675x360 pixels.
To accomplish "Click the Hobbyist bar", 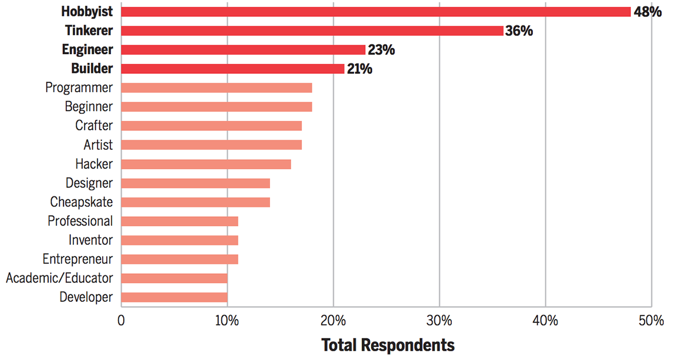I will pos(376,12).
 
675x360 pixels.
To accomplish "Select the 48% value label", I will pos(647,12).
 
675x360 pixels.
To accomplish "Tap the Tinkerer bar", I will pos(312,31).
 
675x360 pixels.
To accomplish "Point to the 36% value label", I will pos(519,31).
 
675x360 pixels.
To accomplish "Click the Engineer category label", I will pos(87,50).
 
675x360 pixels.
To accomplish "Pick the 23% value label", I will pos(381,50).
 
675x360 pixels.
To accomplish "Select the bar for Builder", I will pos(232,69).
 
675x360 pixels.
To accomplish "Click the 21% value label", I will pos(359,69).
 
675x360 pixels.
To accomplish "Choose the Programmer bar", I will pos(217,88).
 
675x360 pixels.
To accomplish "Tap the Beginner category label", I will pos(89,107).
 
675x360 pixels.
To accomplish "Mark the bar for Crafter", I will pos(211,126).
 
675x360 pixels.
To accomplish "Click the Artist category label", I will pos(98,144).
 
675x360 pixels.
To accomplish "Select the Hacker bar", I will pos(206,164).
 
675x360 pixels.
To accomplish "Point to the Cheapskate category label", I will pos(82,202).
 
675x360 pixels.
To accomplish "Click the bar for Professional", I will pos(180,221).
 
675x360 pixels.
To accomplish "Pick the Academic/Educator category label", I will pos(59,278).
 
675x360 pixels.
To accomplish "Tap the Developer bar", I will pos(174,297).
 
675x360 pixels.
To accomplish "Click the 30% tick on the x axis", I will pos(439,321).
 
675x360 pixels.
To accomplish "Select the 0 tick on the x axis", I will pos(122,321).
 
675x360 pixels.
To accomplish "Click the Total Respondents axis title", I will pos(387,345).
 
